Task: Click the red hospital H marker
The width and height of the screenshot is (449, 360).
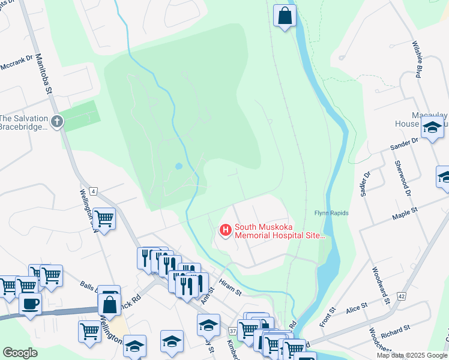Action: (x=225, y=230)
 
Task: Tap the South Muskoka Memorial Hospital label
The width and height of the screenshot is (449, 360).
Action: (x=280, y=231)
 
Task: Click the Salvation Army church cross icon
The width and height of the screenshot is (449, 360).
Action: (x=57, y=122)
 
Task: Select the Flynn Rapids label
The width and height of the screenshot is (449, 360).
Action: (x=331, y=213)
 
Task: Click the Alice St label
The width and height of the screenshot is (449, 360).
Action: (x=356, y=308)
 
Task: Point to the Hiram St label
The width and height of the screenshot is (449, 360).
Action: (x=229, y=289)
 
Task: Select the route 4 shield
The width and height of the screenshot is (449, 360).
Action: (x=94, y=191)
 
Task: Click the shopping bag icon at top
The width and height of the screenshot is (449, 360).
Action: (x=285, y=16)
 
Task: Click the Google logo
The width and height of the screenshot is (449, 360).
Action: (x=20, y=353)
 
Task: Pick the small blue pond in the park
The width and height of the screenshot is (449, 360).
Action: (x=178, y=166)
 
